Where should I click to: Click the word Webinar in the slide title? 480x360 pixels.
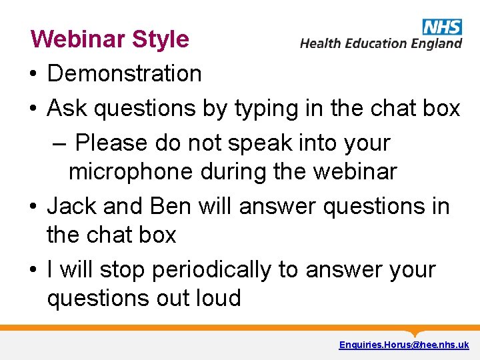click(78, 39)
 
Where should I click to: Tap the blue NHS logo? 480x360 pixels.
click(442, 27)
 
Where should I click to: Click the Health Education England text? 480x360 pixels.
click(381, 43)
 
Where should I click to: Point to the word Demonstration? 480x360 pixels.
click(125, 74)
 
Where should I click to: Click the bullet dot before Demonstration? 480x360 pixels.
click(33, 75)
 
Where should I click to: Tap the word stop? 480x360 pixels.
click(123, 271)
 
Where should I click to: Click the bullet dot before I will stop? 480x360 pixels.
click(33, 271)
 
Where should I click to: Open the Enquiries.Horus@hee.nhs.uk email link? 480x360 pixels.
click(404, 345)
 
